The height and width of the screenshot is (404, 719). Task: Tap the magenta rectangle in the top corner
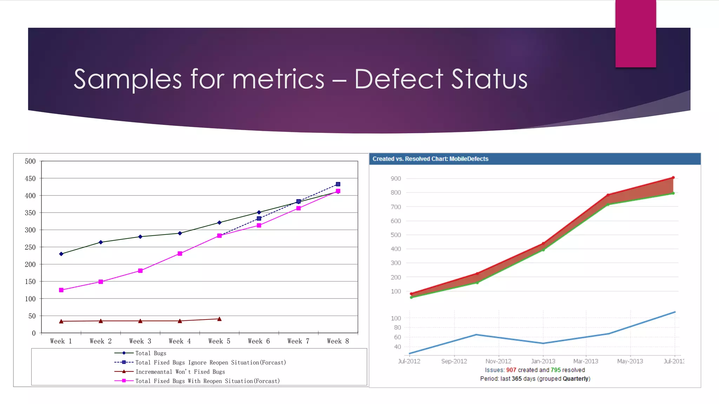coord(635,33)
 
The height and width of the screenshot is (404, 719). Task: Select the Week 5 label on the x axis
coord(219,341)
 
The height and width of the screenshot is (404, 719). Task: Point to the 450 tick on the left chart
coord(30,179)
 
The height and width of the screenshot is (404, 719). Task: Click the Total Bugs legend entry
coord(151,353)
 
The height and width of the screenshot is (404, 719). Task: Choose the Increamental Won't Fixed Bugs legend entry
coord(180,372)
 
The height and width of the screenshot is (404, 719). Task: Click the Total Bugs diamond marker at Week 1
coord(61,254)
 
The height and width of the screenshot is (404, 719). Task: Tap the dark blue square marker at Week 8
coord(338,184)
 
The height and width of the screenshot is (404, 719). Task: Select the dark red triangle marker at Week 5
coord(219,319)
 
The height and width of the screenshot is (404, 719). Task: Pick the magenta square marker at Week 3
coord(140,271)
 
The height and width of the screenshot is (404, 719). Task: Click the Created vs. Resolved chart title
coord(430,159)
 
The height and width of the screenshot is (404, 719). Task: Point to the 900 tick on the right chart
coord(396,179)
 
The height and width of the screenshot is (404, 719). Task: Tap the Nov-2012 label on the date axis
coord(498,361)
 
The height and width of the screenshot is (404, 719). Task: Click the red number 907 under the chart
coord(511,370)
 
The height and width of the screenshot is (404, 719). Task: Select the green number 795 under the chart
coord(555,370)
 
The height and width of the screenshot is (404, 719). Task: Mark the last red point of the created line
coord(673,178)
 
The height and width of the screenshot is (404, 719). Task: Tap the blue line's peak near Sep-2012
coord(476,335)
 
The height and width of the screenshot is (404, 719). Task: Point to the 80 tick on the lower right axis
coord(397,328)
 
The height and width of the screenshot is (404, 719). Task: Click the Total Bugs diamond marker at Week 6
coord(259,212)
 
